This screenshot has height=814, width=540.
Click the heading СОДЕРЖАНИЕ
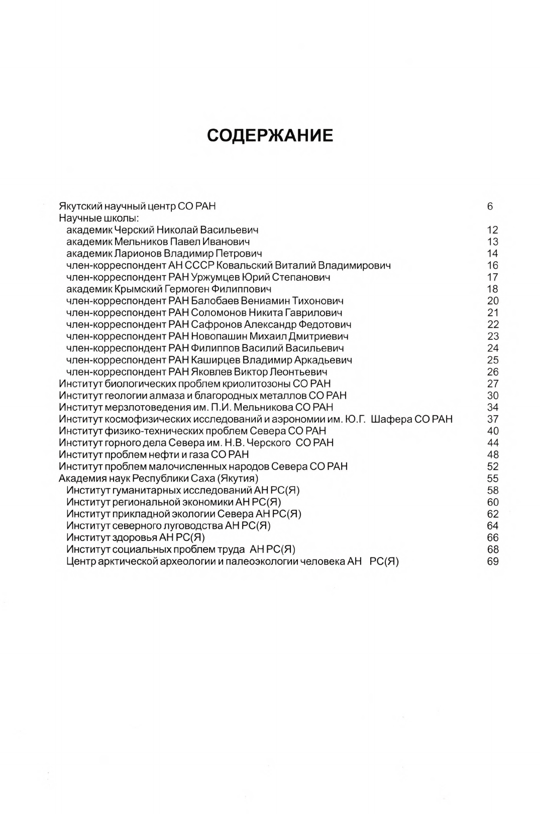point(270,136)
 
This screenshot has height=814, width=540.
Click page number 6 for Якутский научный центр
point(490,206)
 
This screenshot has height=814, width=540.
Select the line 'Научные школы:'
point(99,218)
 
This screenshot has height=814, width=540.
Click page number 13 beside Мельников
point(492,242)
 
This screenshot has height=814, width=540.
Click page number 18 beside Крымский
point(492,289)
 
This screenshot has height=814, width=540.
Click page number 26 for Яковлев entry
point(492,372)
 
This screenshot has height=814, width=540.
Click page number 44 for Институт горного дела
point(492,443)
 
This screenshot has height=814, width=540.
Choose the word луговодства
point(193,526)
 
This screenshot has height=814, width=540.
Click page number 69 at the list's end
point(492,561)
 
